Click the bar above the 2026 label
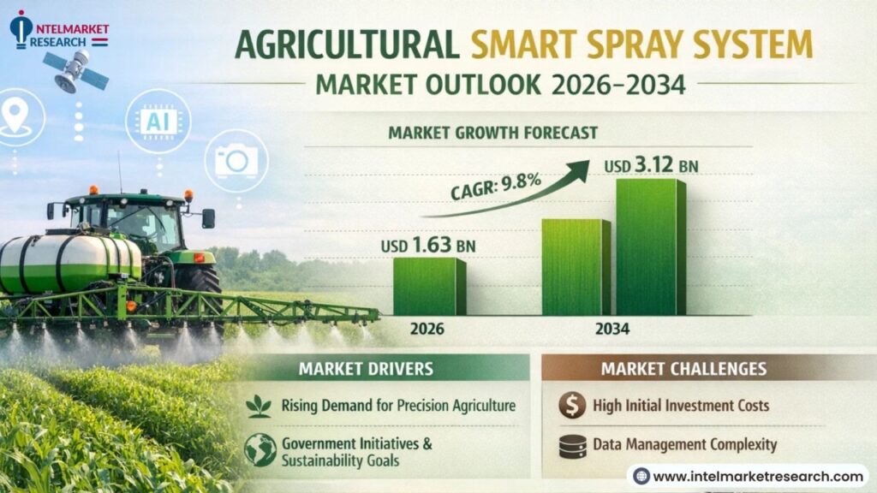pyautogui.click(x=430, y=286)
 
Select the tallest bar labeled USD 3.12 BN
pyautogui.click(x=651, y=247)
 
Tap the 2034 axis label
pyautogui.click(x=612, y=329)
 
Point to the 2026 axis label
pyautogui.click(x=427, y=329)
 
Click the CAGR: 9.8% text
pyautogui.click(x=496, y=186)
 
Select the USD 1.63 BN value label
pyautogui.click(x=428, y=245)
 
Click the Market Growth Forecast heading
pyautogui.click(x=492, y=133)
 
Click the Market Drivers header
pyautogui.click(x=366, y=369)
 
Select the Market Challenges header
pyautogui.click(x=683, y=369)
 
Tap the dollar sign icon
pyautogui.click(x=572, y=405)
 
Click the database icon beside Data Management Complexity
pyautogui.click(x=573, y=447)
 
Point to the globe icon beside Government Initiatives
pyautogui.click(x=260, y=450)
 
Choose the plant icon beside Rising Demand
pyautogui.click(x=259, y=407)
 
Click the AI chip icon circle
pyautogui.click(x=158, y=122)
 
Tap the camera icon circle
pyautogui.click(x=236, y=161)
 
